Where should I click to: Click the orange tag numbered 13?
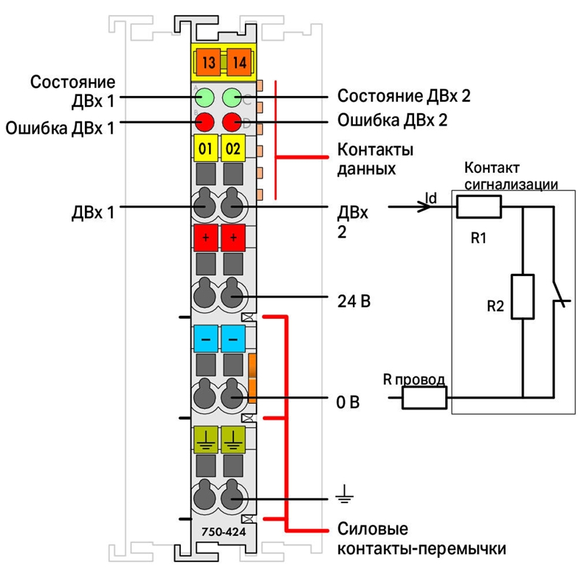tap(208, 62)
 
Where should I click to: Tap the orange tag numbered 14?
tap(240, 62)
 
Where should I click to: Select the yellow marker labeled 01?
tap(206, 148)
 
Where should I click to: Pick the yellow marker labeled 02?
tap(233, 148)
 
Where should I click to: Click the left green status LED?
tap(205, 98)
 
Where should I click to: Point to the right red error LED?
tap(232, 122)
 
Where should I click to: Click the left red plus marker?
tap(206, 237)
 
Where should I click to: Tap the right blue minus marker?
tap(233, 338)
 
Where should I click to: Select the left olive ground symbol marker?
tap(206, 439)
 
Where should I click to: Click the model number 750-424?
tap(224, 532)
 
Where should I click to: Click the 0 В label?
tap(348, 402)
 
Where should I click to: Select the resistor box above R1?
tap(479, 207)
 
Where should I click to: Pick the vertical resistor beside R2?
tap(522, 296)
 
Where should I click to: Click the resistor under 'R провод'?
tap(424, 397)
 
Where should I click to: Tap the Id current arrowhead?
tap(425, 207)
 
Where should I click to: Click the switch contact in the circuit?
tap(558, 293)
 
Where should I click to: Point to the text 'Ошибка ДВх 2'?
tap(392, 120)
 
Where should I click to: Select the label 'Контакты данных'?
tap(375, 159)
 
